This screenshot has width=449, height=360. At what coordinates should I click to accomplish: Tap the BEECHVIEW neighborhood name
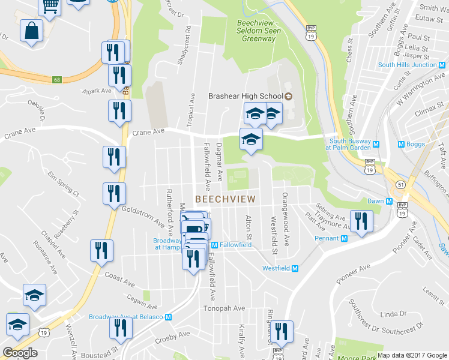(x=225, y=199)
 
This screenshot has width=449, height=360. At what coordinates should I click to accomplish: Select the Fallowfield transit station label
(x=235, y=245)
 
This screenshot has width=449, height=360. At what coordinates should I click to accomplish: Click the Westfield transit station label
(x=276, y=268)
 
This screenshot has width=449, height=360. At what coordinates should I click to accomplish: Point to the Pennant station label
(x=327, y=238)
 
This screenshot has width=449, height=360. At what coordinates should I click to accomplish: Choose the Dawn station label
(x=375, y=202)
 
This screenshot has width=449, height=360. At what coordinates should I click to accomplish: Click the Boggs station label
(x=415, y=144)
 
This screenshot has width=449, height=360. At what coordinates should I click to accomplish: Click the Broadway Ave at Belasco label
(x=127, y=317)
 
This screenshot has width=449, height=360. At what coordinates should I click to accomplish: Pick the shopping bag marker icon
(x=31, y=30)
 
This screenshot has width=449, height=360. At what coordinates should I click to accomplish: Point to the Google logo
(x=20, y=353)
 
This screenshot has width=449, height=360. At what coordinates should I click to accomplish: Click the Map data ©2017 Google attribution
(x=412, y=355)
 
